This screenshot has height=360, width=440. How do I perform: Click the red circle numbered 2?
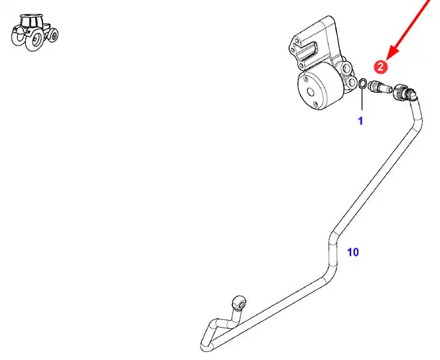pyautogui.click(x=380, y=66)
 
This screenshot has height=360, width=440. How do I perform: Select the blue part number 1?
pyautogui.click(x=361, y=121)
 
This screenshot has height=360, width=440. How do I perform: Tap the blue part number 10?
pyautogui.click(x=353, y=252)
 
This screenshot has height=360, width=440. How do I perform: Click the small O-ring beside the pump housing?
pyautogui.click(x=362, y=84)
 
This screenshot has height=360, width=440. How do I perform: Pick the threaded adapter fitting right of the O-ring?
pyautogui.click(x=380, y=86)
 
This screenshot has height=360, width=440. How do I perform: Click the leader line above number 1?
pyautogui.click(x=361, y=100)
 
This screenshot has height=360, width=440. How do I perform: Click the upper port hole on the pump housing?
pyautogui.click(x=344, y=68)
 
